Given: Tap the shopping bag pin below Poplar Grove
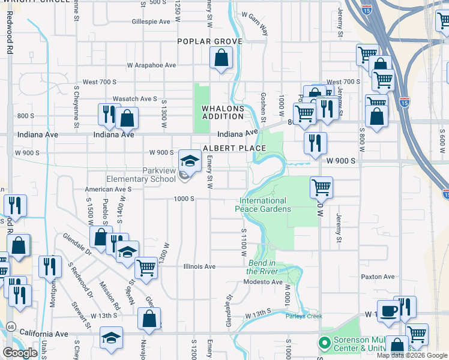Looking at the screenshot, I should click(221, 59).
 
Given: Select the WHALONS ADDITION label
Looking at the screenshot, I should click(223, 112).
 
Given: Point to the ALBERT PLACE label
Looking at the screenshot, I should click(235, 148).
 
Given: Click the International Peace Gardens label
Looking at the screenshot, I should click(265, 205).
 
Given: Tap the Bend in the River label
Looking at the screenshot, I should click(261, 267).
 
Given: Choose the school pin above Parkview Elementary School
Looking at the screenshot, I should click(190, 161).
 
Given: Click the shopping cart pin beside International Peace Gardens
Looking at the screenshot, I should click(321, 188).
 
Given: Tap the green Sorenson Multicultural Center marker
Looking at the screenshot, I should click(325, 344).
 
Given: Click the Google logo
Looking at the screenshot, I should click(20, 353).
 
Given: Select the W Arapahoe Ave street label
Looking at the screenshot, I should click(151, 65).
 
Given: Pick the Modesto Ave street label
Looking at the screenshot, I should click(264, 282).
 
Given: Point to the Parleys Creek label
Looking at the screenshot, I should click(304, 316).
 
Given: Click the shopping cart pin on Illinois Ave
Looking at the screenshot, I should click(146, 268).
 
